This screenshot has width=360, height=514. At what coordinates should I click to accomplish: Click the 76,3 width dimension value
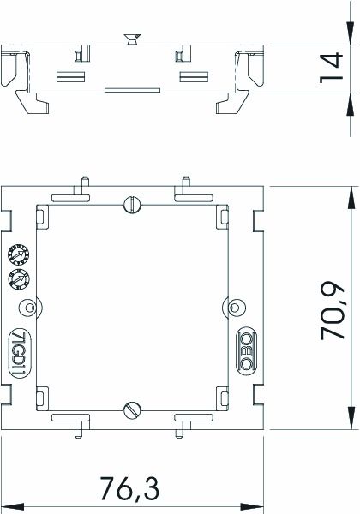tap(129, 488)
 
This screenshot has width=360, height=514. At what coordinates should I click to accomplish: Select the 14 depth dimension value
tap(331, 68)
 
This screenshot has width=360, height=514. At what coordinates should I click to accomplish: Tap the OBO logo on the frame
tap(247, 351)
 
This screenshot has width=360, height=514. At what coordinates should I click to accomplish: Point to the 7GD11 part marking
tap(19, 353)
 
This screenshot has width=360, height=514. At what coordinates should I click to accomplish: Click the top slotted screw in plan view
tap(133, 205)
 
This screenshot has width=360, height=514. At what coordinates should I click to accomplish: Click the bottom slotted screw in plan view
tap(133, 410)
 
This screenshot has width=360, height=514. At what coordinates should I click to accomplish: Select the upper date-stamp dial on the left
tap(19, 254)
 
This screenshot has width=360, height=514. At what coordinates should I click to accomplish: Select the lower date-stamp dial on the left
tap(19, 279)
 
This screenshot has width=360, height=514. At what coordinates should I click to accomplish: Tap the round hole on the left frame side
tap(29, 308)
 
